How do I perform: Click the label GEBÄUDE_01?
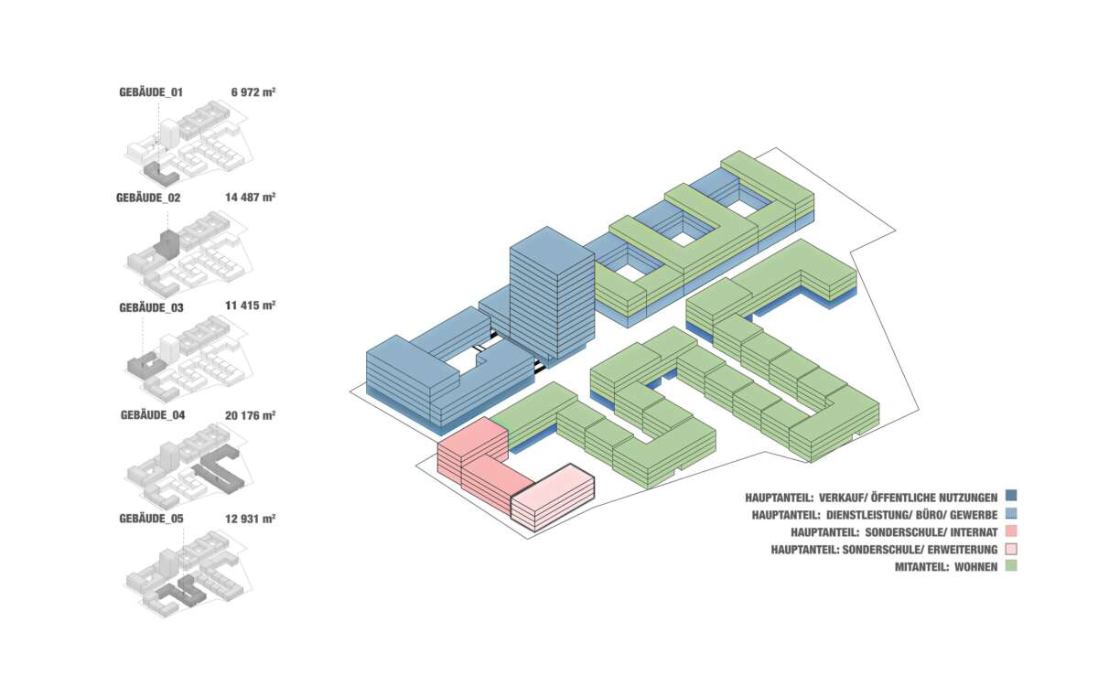point(151,91)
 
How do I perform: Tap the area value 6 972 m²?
point(253,91)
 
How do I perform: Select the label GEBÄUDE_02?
point(148,198)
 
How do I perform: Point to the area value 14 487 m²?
point(250,198)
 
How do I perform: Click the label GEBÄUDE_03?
point(151,307)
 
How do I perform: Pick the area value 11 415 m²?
point(250,306)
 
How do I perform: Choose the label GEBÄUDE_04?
point(153,414)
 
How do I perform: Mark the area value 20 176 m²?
point(250,414)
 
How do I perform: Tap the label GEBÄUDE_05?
point(151,519)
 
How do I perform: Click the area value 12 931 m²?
point(250,519)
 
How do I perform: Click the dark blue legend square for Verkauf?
point(1011,497)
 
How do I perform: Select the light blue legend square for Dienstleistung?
point(1011,514)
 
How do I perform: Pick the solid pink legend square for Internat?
point(1011,531)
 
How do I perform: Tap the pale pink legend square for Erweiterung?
point(1011,549)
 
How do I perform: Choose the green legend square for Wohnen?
point(1011,566)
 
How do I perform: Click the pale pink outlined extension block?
point(553,498)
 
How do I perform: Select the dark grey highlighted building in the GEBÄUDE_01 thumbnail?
point(158,171)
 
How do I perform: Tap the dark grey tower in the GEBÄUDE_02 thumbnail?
point(167,245)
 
